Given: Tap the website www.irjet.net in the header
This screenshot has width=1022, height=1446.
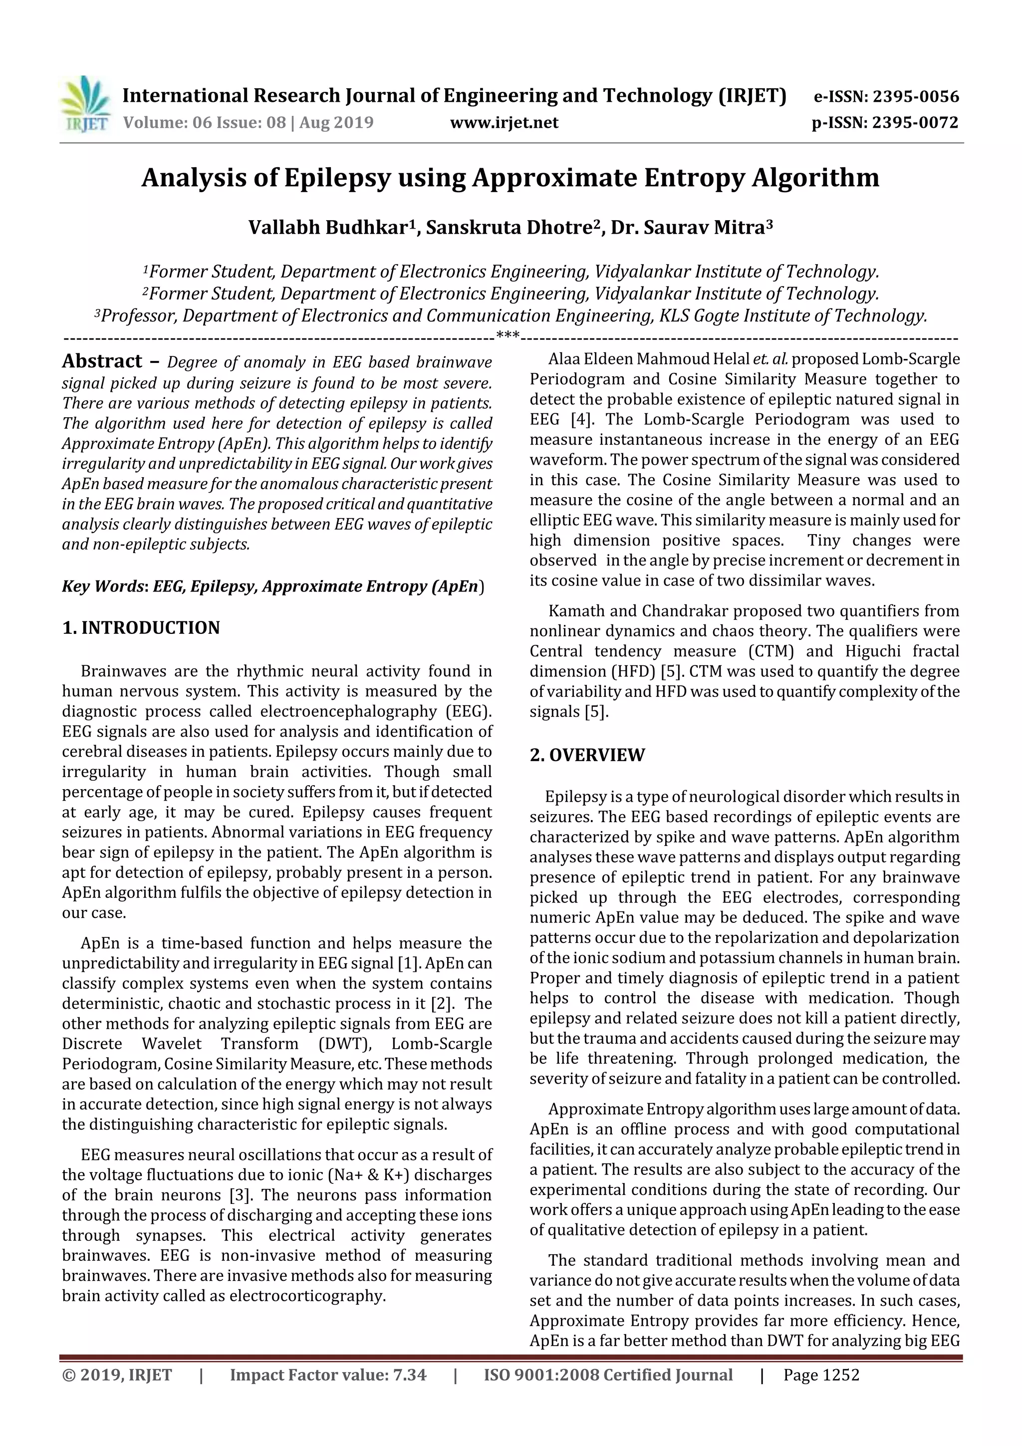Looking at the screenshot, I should [x=504, y=122].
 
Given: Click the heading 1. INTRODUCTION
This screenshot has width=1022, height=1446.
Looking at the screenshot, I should [x=141, y=628].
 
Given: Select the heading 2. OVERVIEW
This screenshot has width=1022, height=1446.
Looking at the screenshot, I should [x=587, y=755].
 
